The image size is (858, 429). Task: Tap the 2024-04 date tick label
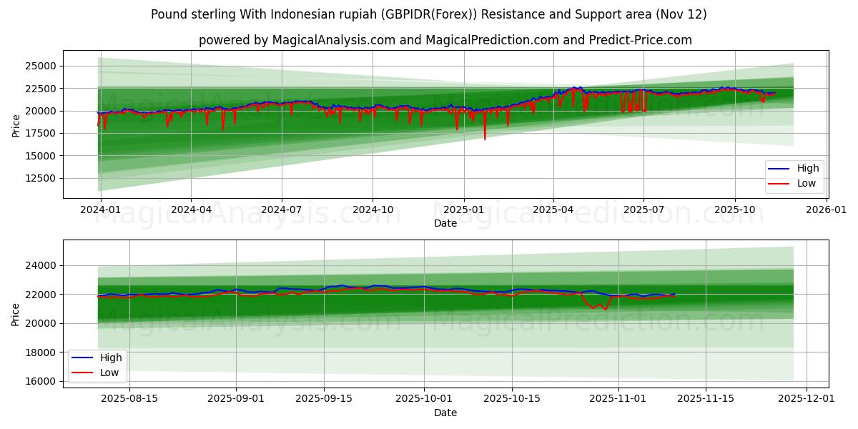[x=191, y=210]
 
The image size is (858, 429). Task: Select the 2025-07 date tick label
[x=643, y=210]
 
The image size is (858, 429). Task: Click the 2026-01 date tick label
[x=827, y=210]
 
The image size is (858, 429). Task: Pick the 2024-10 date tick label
[x=373, y=210]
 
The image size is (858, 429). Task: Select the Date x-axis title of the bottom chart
[x=445, y=413]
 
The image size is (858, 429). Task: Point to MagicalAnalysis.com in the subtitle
[x=333, y=40]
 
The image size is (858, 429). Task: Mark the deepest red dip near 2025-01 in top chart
[x=485, y=139]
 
